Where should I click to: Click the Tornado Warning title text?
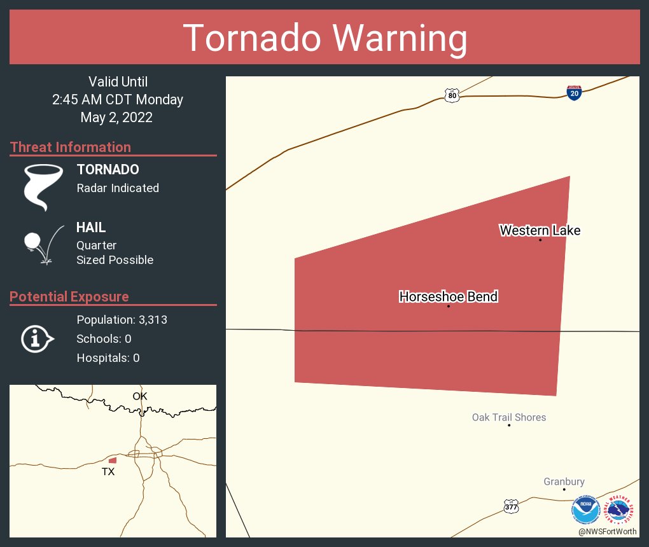click(324, 38)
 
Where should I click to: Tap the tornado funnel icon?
click(43, 187)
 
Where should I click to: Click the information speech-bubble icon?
click(38, 339)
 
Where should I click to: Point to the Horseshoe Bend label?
click(448, 296)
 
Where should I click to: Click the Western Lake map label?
click(540, 230)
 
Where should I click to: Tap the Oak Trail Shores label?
click(508, 417)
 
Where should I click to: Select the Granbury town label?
click(564, 481)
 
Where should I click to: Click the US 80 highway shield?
click(451, 95)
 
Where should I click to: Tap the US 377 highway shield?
click(511, 506)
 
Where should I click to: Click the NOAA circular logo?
click(585, 510)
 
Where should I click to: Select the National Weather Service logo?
click(621, 510)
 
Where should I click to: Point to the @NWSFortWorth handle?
click(607, 531)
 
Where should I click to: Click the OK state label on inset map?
click(140, 396)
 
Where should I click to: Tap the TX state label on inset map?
click(108, 471)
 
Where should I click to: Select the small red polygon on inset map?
click(113, 460)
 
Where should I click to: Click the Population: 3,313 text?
click(122, 320)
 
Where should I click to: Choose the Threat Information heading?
click(71, 147)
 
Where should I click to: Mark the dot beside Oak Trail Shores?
click(509, 425)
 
